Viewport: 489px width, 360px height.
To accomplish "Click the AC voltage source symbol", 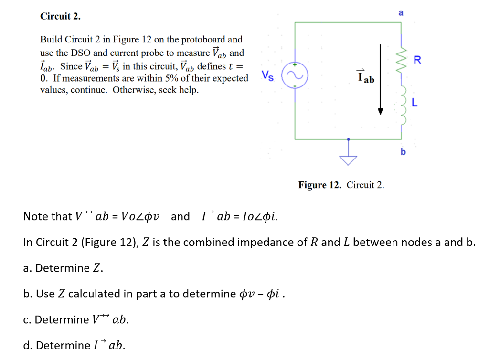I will pyautogui.click(x=295, y=75).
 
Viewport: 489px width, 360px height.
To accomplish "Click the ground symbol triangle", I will pyautogui.click(x=349, y=160).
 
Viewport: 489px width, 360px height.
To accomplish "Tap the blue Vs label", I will pyautogui.click(x=268, y=75).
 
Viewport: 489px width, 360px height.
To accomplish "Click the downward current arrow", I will pyautogui.click(x=380, y=79).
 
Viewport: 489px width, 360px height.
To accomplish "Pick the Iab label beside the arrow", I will pyautogui.click(x=366, y=76).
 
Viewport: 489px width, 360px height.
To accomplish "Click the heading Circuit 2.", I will pyautogui.click(x=60, y=16).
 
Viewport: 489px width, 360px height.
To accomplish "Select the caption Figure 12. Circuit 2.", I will pyautogui.click(x=341, y=185).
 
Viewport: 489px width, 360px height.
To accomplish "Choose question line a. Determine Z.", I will pyautogui.click(x=63, y=268).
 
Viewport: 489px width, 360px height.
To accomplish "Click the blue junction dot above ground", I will pyautogui.click(x=349, y=139).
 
